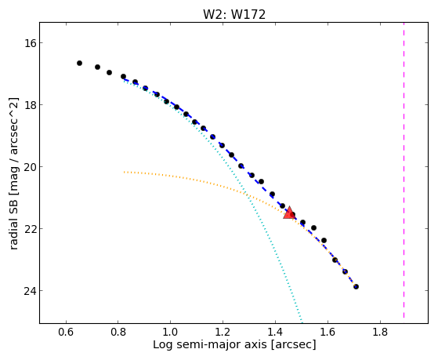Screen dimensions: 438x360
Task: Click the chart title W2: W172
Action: [x=234, y=15]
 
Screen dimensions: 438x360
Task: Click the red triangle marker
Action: [x=289, y=213]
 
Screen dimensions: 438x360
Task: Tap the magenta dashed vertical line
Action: [x=404, y=170]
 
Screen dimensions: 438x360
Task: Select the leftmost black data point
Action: [x=79, y=64]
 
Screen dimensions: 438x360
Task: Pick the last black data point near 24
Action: [x=356, y=287]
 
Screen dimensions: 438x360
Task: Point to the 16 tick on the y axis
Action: [x=29, y=43]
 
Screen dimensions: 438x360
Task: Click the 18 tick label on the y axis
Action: [x=29, y=105]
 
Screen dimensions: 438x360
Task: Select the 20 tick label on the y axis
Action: [x=29, y=167]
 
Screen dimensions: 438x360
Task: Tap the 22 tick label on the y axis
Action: [x=29, y=229]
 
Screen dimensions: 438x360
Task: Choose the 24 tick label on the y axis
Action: [x=29, y=291]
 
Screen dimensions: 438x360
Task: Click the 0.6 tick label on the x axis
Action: [x=66, y=332]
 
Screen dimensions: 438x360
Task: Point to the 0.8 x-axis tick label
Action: [x=118, y=332]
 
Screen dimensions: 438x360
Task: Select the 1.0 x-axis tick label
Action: [x=170, y=332]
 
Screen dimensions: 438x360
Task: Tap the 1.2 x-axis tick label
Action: [x=223, y=332]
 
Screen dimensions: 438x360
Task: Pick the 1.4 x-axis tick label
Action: [x=275, y=332]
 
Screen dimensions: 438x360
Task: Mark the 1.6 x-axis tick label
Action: [x=328, y=332]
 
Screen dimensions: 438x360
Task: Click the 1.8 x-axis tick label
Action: [x=380, y=332]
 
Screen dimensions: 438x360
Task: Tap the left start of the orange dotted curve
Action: [x=125, y=172]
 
